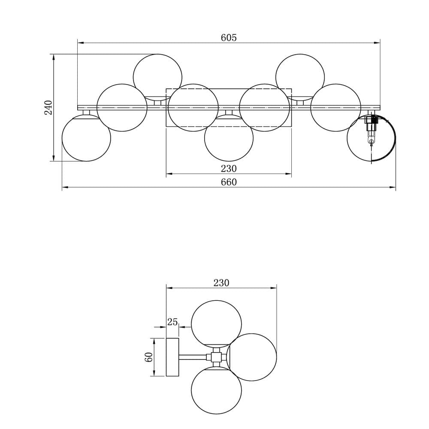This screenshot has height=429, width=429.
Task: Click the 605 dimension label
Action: (229, 37)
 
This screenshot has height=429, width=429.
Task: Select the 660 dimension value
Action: (229, 182)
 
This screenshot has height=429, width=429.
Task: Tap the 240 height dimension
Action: (48, 108)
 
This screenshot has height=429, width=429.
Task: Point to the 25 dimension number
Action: (172, 322)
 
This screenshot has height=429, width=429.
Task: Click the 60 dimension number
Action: (148, 357)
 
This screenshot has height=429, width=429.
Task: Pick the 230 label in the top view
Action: (229, 169)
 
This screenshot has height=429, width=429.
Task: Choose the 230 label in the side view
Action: (221, 283)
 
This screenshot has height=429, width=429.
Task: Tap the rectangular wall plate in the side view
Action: (172, 357)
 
